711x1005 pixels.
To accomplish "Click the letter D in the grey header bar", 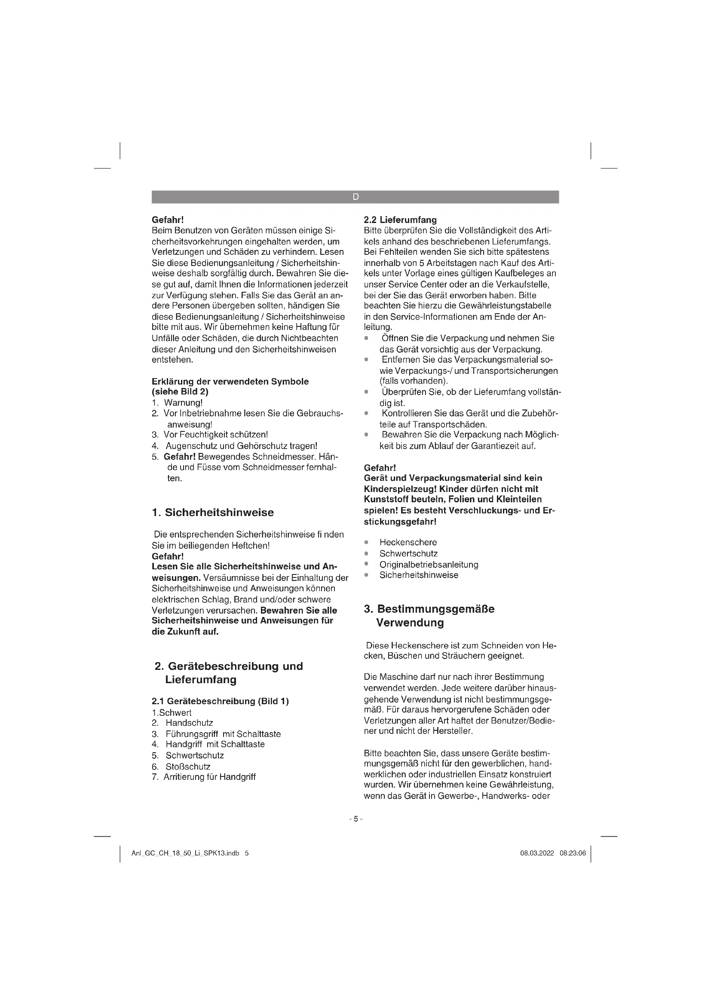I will tap(355, 197).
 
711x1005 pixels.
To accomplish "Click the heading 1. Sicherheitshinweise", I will tap(213, 513).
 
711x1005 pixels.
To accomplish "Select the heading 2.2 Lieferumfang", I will tap(400, 220).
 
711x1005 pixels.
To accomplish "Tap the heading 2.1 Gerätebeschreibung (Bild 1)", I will tap(220, 701).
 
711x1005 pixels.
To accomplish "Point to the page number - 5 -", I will tap(355, 819).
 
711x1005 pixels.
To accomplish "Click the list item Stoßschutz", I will tap(188, 767).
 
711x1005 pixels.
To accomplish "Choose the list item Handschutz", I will tap(189, 723).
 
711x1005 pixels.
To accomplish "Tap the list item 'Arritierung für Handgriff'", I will tap(209, 777).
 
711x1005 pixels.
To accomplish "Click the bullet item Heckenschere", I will tap(408, 542).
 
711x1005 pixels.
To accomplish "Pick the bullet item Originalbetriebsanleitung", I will tap(429, 564).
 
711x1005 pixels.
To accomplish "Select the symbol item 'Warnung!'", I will tap(183, 403).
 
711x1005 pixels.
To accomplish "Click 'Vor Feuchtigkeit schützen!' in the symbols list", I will tap(215, 435).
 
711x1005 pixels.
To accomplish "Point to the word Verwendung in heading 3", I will tap(410, 623).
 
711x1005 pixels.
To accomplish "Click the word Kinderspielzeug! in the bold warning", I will tap(400, 489).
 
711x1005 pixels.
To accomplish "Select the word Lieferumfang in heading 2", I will tap(200, 680).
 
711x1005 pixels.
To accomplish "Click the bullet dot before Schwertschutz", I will tap(366, 553).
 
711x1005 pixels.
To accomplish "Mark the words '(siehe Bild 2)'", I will tap(180, 392).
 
